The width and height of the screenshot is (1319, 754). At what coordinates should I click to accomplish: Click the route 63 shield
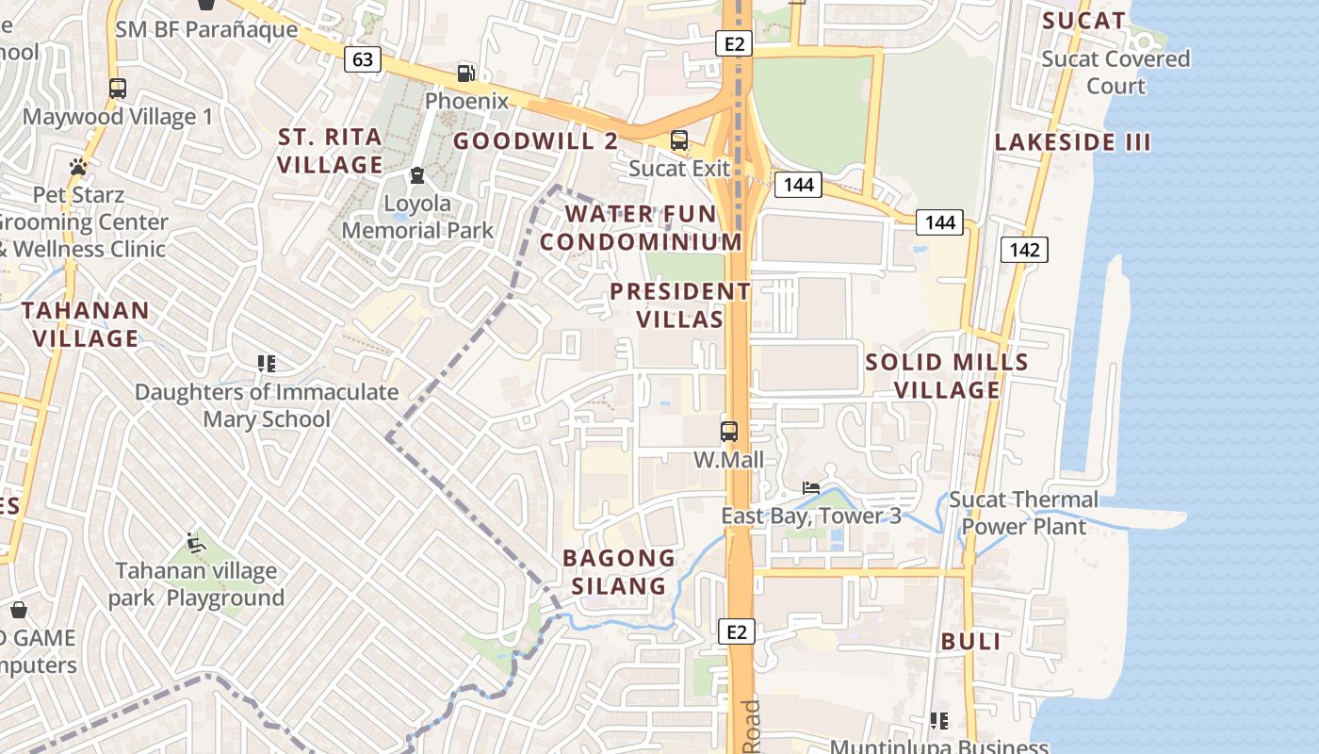pos(363,60)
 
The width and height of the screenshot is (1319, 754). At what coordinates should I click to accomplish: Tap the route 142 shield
pos(1024,250)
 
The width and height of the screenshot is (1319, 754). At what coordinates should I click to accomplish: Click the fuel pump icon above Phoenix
pos(465,73)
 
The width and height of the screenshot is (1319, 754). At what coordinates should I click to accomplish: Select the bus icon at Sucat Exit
pos(679,140)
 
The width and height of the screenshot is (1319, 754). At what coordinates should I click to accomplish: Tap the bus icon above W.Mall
pos(729,432)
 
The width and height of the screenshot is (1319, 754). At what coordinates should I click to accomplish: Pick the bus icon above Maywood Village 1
pos(118,89)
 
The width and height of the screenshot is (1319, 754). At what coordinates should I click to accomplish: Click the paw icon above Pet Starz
pos(78,167)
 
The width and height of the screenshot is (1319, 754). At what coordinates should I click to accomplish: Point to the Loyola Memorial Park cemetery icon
pos(416,174)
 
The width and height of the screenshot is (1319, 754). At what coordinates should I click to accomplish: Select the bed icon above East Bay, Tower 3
pos(810,488)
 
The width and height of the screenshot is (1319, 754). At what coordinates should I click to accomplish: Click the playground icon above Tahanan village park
pos(196,542)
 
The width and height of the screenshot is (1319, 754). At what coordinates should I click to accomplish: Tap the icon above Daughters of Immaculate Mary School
pos(267,363)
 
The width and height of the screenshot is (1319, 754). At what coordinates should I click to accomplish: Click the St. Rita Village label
pos(330,151)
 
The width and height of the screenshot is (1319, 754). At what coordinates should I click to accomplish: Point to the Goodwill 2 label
pos(535,141)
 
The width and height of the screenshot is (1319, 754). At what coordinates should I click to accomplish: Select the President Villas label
pos(680,305)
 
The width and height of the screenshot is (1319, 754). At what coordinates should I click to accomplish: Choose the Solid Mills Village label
pos(947,375)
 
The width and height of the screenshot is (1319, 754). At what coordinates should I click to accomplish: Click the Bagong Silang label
pos(619,571)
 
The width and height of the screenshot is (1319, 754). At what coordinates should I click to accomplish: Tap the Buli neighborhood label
pos(970,642)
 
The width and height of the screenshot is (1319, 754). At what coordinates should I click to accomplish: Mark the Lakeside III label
pos(1073,142)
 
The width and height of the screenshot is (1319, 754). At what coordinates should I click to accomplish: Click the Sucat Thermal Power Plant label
pos(1023,513)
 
